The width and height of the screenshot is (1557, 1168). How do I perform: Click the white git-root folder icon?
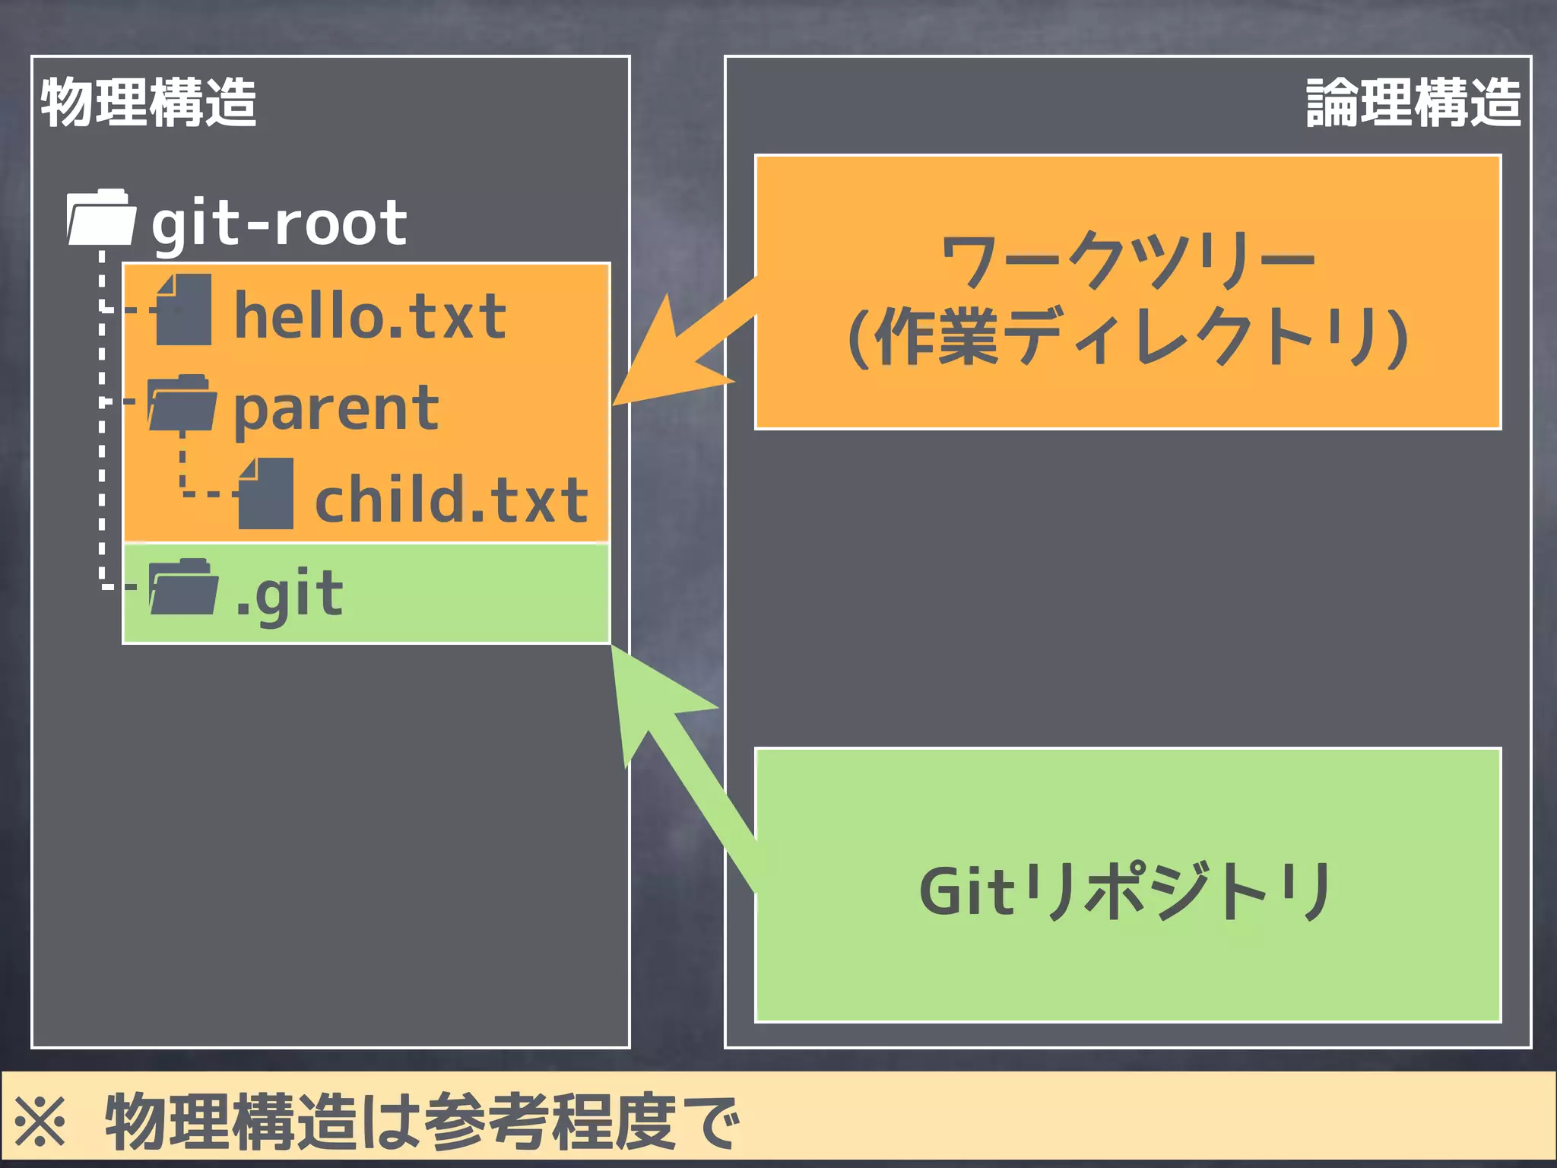(101, 218)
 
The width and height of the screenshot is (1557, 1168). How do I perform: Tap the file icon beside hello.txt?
(183, 310)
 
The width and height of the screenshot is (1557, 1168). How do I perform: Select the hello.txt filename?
(370, 316)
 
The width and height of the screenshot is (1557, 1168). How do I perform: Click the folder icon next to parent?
(182, 404)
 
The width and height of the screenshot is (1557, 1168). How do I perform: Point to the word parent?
(336, 409)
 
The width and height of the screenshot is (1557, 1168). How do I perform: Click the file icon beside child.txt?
(265, 494)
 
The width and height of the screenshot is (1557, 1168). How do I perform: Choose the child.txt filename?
(452, 500)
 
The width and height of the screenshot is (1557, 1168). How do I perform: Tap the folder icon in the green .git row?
(183, 587)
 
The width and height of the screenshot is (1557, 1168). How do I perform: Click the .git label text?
(290, 594)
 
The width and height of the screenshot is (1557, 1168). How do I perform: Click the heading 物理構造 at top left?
(148, 103)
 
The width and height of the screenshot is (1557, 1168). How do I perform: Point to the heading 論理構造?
(1413, 103)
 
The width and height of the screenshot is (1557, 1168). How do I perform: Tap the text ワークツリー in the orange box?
(1127, 260)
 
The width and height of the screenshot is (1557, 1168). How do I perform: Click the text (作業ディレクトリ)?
(1127, 337)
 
